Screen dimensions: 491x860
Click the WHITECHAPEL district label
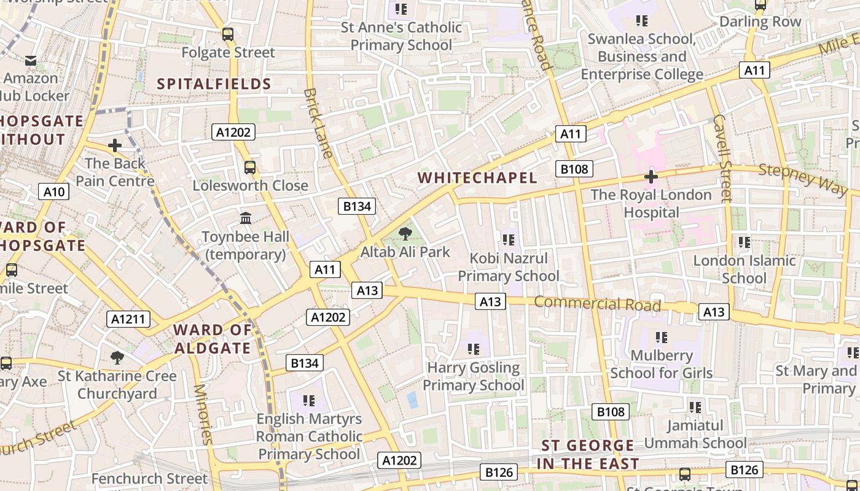click(477, 178)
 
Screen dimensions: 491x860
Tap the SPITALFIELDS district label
click(214, 84)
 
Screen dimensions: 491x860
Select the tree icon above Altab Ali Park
click(405, 234)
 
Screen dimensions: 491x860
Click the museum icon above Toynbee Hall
click(246, 218)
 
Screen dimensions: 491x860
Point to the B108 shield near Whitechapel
click(574, 169)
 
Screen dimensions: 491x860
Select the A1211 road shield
click(128, 319)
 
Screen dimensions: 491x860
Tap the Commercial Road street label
click(597, 303)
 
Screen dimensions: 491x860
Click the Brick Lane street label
click(318, 123)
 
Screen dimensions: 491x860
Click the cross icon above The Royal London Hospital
click(651, 177)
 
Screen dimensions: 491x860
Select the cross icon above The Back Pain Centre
click(114, 146)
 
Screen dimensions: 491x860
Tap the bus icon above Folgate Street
click(228, 34)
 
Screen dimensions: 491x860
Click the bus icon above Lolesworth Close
click(250, 167)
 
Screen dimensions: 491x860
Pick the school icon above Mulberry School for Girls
click(662, 338)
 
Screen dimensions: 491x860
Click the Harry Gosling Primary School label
click(474, 376)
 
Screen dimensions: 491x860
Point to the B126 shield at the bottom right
click(745, 470)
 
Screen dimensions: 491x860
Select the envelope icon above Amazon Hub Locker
click(31, 61)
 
